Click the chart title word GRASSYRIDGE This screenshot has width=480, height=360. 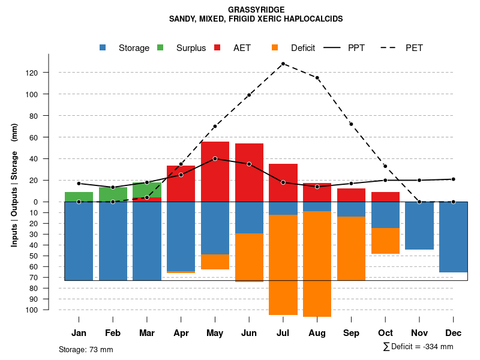point(256,10)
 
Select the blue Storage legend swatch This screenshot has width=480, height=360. point(104,47)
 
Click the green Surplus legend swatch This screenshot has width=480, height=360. point(161,47)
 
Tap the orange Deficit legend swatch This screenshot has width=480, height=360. point(275,47)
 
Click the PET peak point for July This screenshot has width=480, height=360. point(283,64)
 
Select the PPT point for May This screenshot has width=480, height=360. point(215,158)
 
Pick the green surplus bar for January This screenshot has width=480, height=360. point(79,197)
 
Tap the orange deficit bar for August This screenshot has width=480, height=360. point(317,264)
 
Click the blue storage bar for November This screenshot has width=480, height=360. point(419,226)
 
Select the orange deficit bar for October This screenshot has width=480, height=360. point(385,241)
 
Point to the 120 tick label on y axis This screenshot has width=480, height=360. point(48,73)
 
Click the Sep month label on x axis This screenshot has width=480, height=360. point(351,333)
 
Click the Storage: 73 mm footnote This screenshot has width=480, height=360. point(86,349)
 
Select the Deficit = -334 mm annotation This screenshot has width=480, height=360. point(418,346)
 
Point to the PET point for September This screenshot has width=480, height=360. point(351,124)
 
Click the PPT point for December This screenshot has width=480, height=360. point(454,179)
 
